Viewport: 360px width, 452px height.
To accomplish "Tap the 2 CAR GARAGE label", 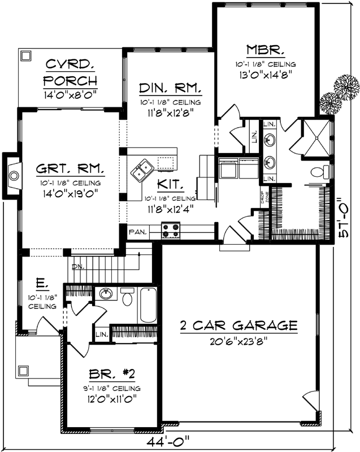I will click(x=238, y=325).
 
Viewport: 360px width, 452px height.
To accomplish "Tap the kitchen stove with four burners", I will click(x=171, y=231).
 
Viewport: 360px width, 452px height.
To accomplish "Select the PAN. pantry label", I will click(x=137, y=232).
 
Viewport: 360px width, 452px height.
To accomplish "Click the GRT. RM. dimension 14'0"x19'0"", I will click(x=70, y=193).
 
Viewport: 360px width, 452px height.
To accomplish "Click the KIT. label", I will click(x=170, y=184).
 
